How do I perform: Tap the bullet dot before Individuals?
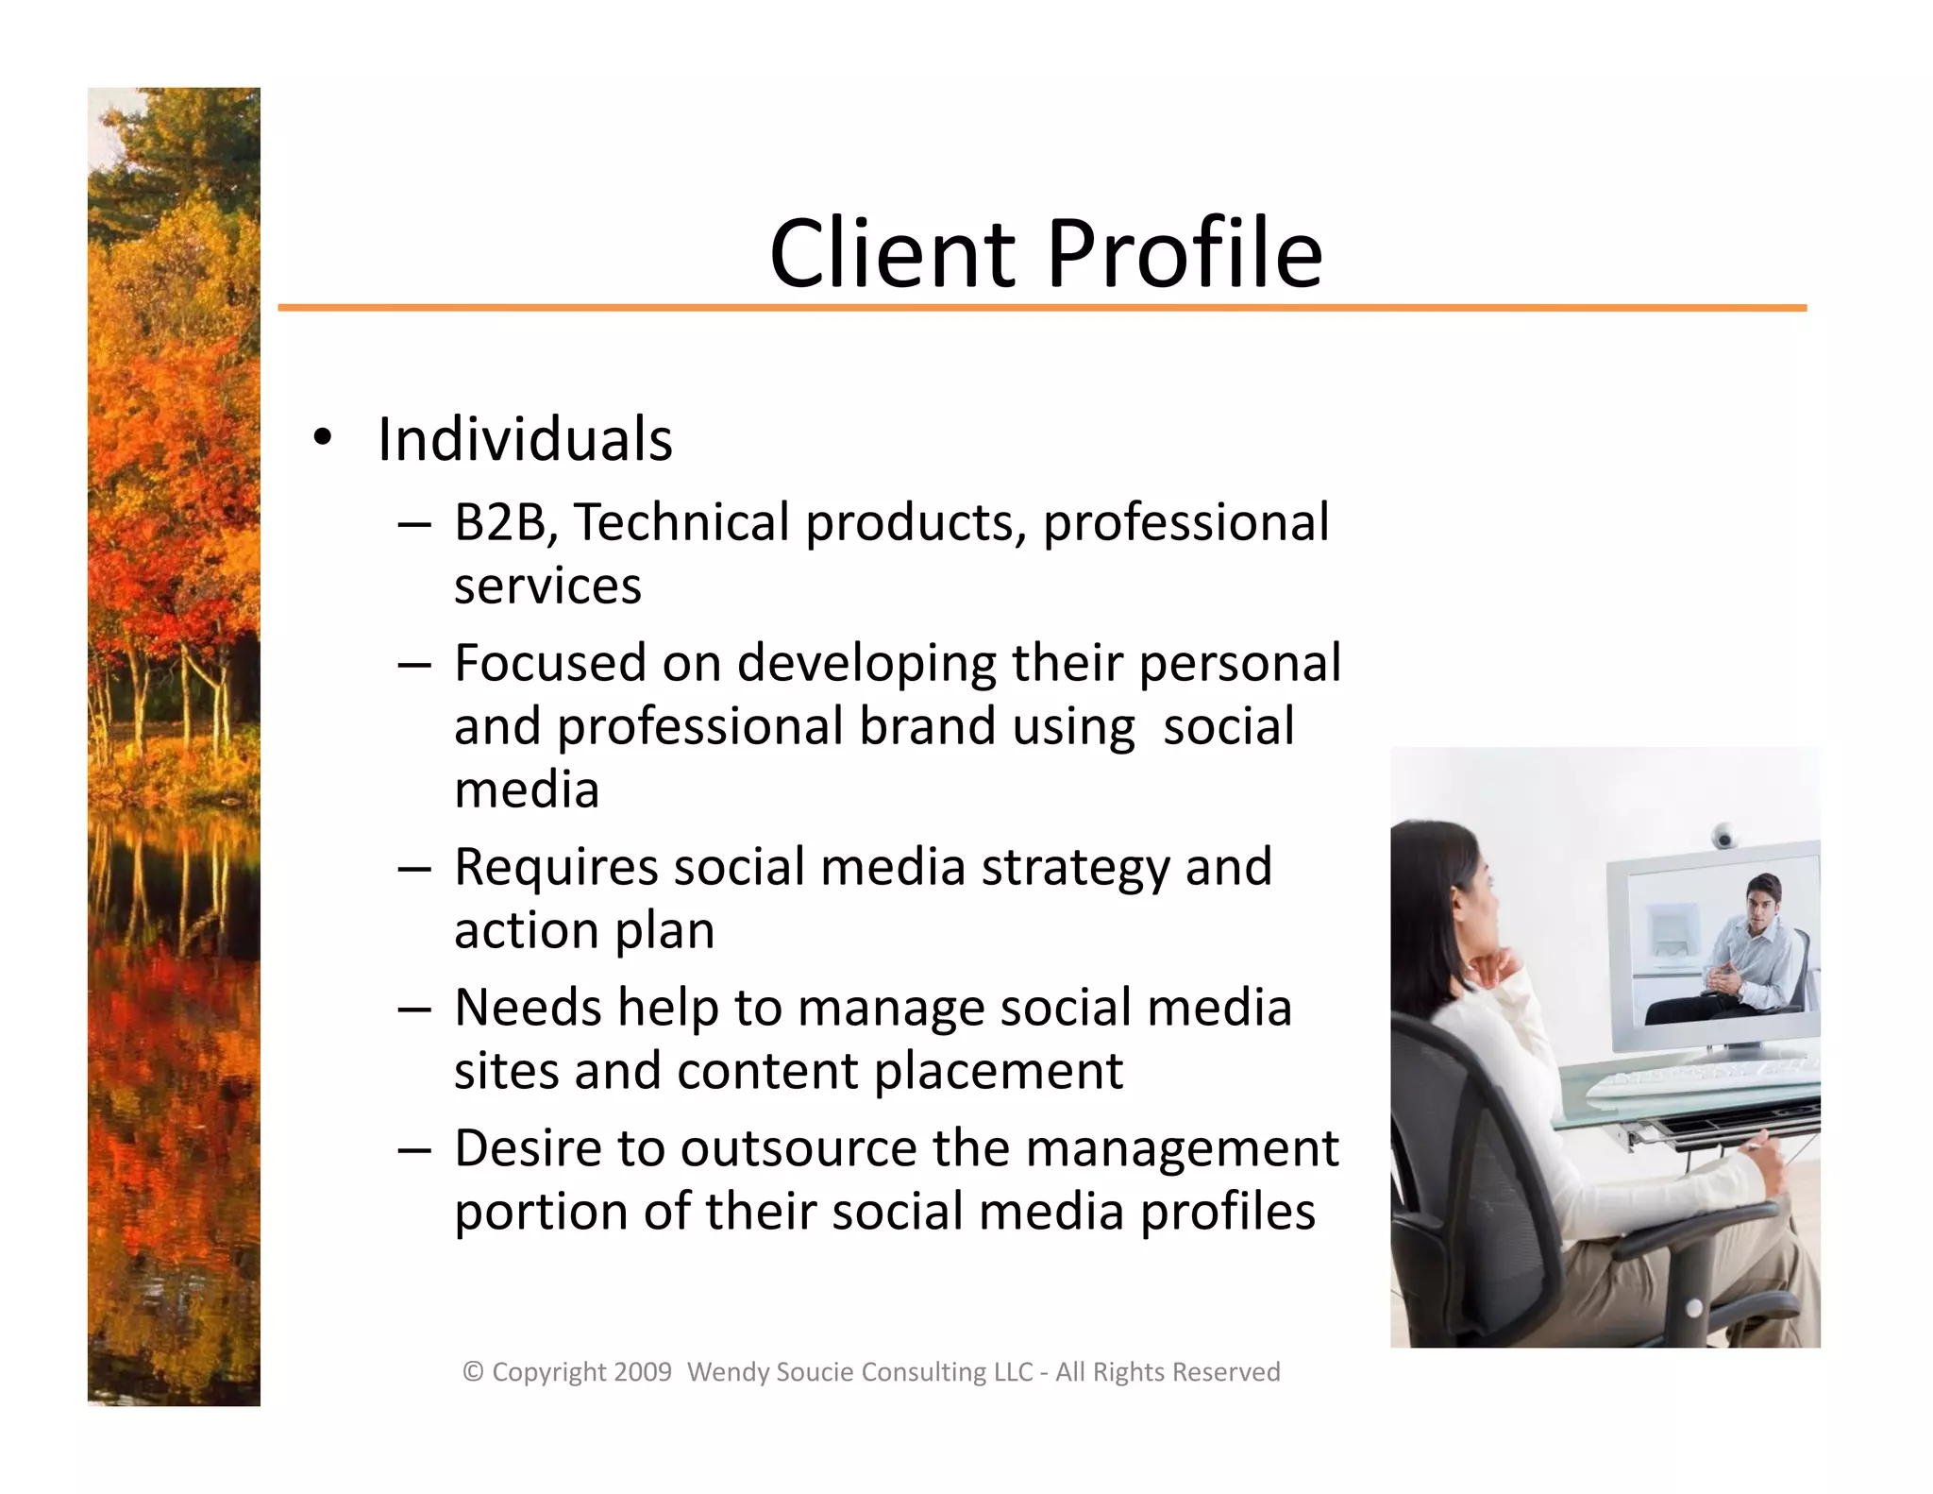point(323,437)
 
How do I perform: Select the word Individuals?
point(525,439)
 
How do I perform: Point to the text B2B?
point(500,522)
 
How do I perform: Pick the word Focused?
point(549,663)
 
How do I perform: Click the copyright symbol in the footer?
point(473,1372)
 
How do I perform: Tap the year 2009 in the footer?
point(642,1372)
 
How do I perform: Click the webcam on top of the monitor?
point(1724,836)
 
